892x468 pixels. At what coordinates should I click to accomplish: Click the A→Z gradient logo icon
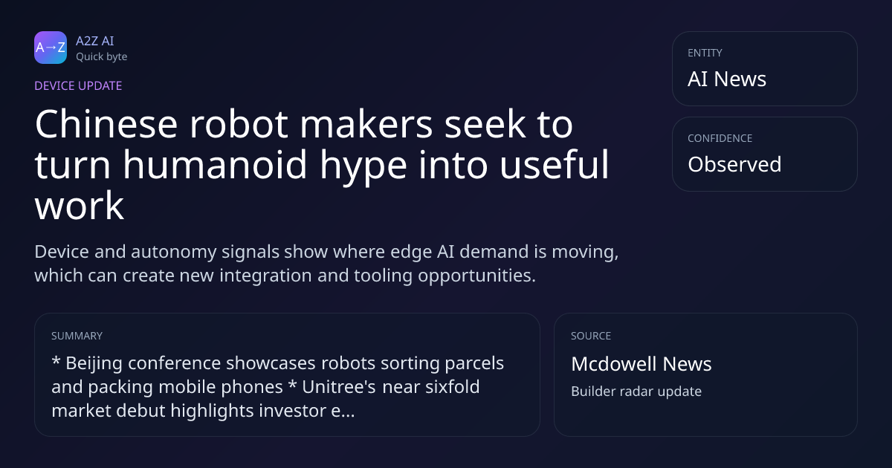(x=51, y=48)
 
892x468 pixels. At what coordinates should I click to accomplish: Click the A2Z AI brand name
(x=95, y=41)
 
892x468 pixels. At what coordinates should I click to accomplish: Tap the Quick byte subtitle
(x=102, y=57)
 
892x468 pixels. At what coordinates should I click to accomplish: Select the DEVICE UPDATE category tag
(x=78, y=86)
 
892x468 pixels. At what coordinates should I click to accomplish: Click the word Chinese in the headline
(x=106, y=124)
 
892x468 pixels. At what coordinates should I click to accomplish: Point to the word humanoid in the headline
(x=215, y=165)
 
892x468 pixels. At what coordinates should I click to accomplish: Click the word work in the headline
(x=80, y=206)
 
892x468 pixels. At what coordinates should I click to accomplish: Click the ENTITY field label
(x=705, y=53)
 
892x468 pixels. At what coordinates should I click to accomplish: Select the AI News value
(x=727, y=79)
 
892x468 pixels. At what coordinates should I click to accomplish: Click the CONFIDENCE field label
(x=720, y=138)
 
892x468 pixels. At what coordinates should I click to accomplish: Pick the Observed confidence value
(x=734, y=164)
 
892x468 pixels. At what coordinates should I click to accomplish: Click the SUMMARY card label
(x=77, y=336)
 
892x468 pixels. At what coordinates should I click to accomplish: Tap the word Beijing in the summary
(x=94, y=364)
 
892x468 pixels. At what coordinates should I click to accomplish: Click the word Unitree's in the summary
(x=339, y=387)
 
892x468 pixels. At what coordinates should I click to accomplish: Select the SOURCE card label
(x=591, y=336)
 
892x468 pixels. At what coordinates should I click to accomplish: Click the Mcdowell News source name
(x=641, y=364)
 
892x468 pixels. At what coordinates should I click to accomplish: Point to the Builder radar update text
(x=636, y=391)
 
